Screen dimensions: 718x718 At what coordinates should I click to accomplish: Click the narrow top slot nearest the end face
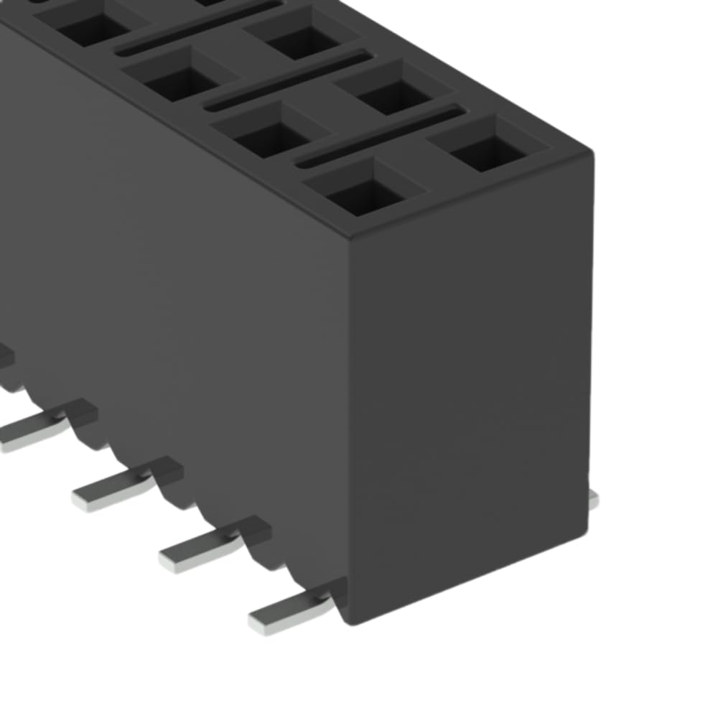pos(381,136)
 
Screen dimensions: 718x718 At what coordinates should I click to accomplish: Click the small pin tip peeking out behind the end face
pos(593,500)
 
